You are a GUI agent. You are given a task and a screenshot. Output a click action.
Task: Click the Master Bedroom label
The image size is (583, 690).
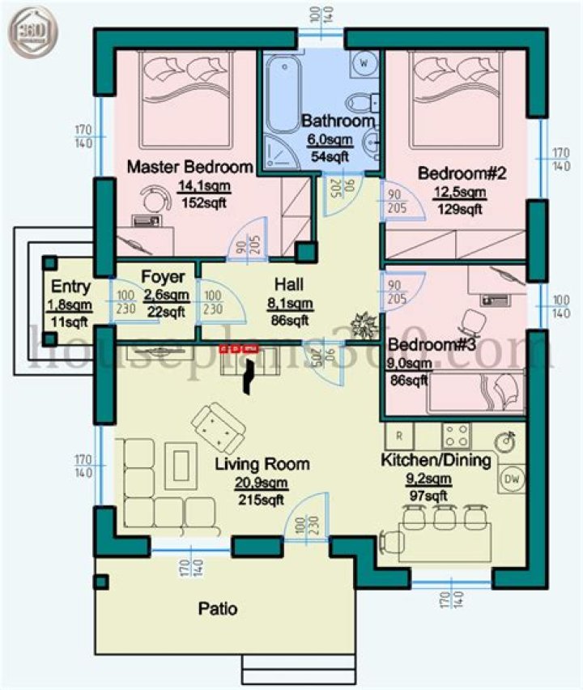coord(190,167)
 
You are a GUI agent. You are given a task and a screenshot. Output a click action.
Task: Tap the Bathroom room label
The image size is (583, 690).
coord(338,121)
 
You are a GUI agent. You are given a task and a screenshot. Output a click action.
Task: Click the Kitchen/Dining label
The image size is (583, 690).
coord(436,461)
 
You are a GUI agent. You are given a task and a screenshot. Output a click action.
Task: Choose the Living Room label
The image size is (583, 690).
coord(262,464)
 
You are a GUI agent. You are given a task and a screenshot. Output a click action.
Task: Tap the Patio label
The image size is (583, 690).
coord(218,608)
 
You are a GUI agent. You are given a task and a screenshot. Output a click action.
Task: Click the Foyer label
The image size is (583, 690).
coord(168,275)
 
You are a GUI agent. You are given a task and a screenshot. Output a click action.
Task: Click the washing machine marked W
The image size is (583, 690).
coord(364,62)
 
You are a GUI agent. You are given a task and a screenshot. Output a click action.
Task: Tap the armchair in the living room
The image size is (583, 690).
coord(216,428)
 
